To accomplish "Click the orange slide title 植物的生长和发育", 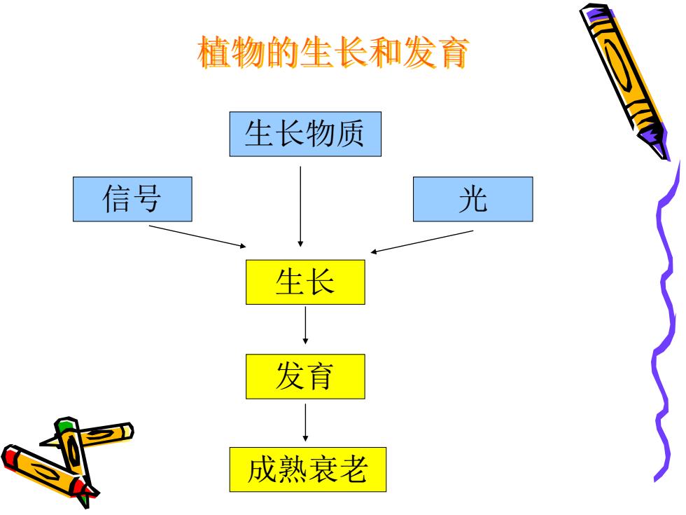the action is point(333,53).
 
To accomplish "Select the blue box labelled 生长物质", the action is point(305,134).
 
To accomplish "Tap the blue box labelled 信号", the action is point(132,199).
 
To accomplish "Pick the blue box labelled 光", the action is point(473,199).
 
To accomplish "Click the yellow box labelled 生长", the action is point(305,282).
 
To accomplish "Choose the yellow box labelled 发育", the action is point(305,376).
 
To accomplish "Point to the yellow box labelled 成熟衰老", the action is point(308,469).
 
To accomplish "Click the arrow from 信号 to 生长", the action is point(197,237).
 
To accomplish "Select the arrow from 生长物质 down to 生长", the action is point(300,206).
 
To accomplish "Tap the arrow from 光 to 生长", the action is point(421,242).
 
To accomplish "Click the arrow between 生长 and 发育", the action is point(305,325).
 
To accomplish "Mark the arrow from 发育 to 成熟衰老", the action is point(305,423).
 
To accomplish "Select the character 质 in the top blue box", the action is point(349,134).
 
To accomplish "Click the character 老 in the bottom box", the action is point(353,469).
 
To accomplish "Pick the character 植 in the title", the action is point(214,53).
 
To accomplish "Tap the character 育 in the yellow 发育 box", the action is point(321,376).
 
